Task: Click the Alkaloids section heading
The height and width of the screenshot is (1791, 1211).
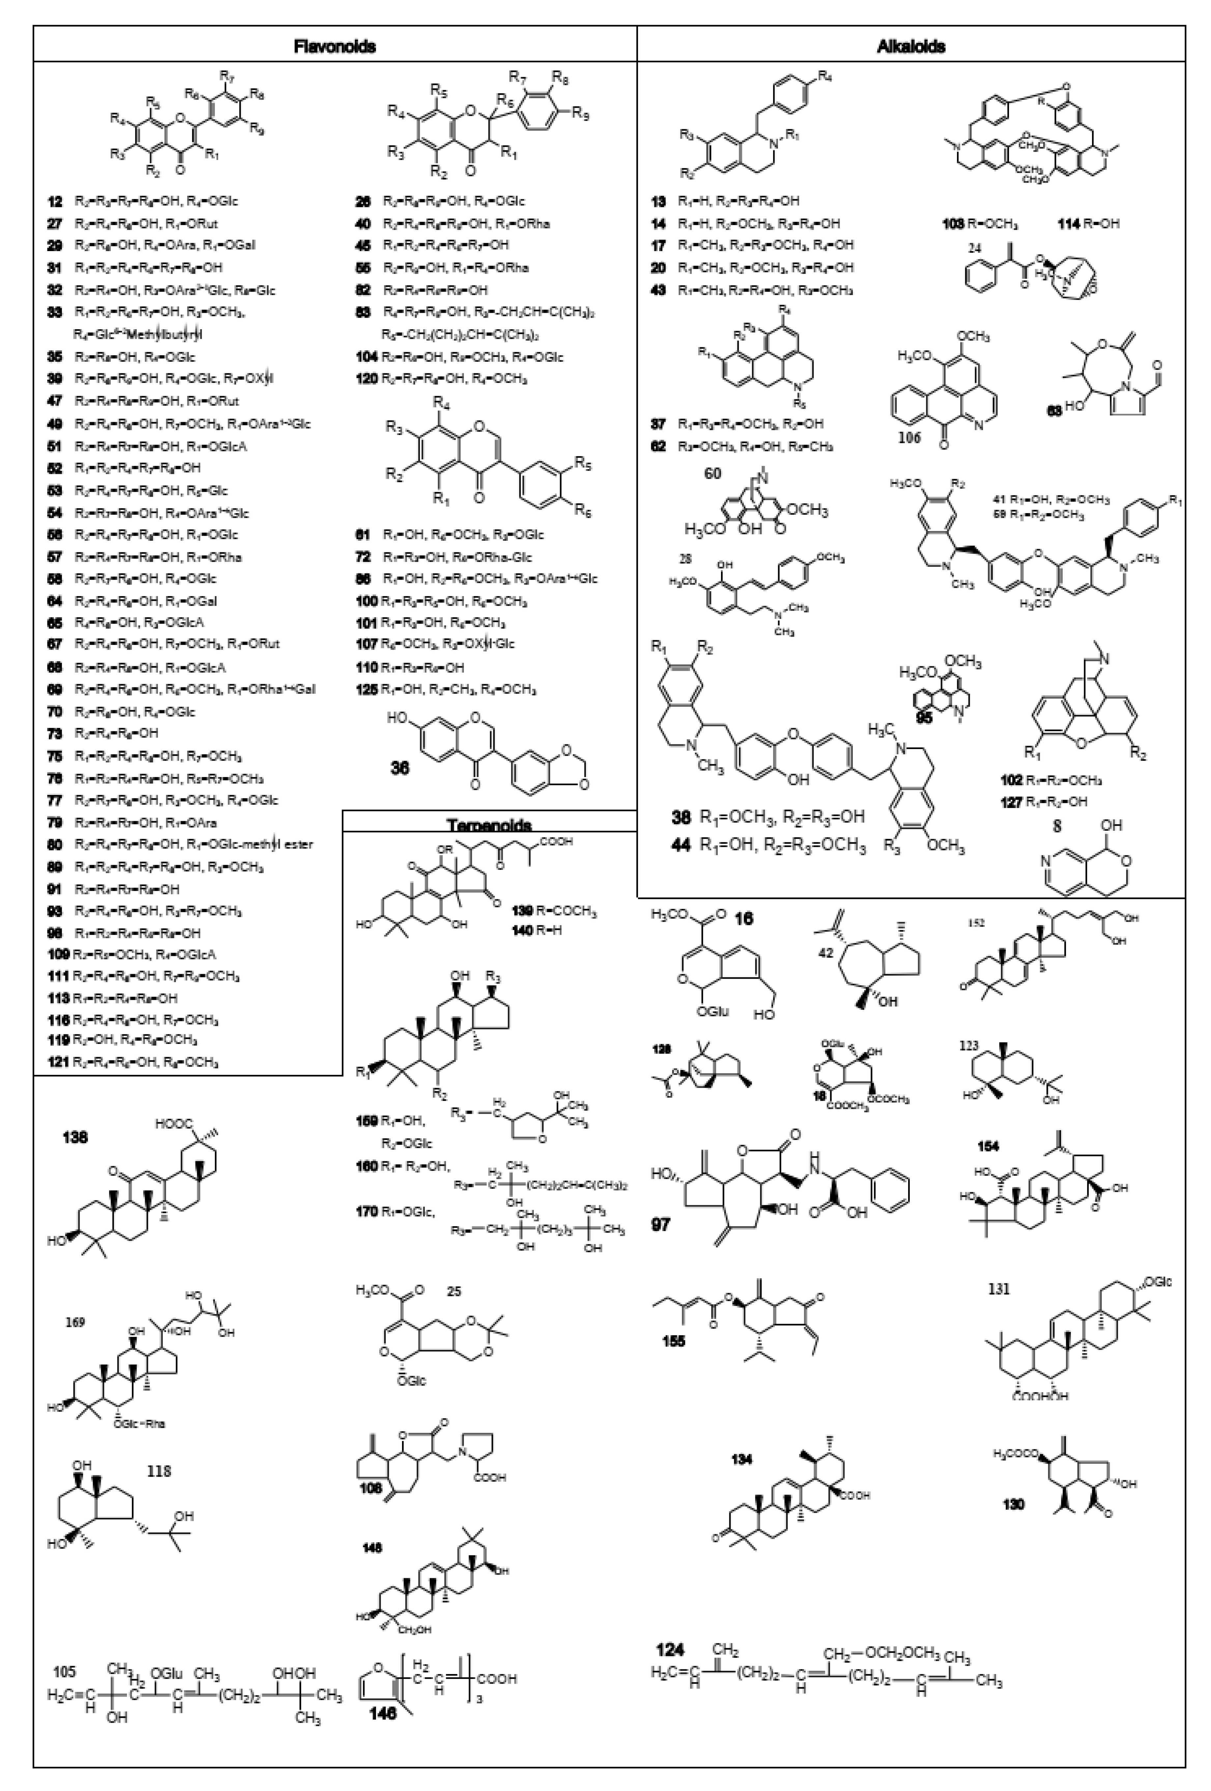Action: click(x=910, y=46)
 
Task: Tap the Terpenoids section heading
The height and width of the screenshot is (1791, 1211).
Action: click(x=489, y=824)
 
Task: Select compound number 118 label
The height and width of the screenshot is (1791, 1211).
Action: click(x=159, y=1471)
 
